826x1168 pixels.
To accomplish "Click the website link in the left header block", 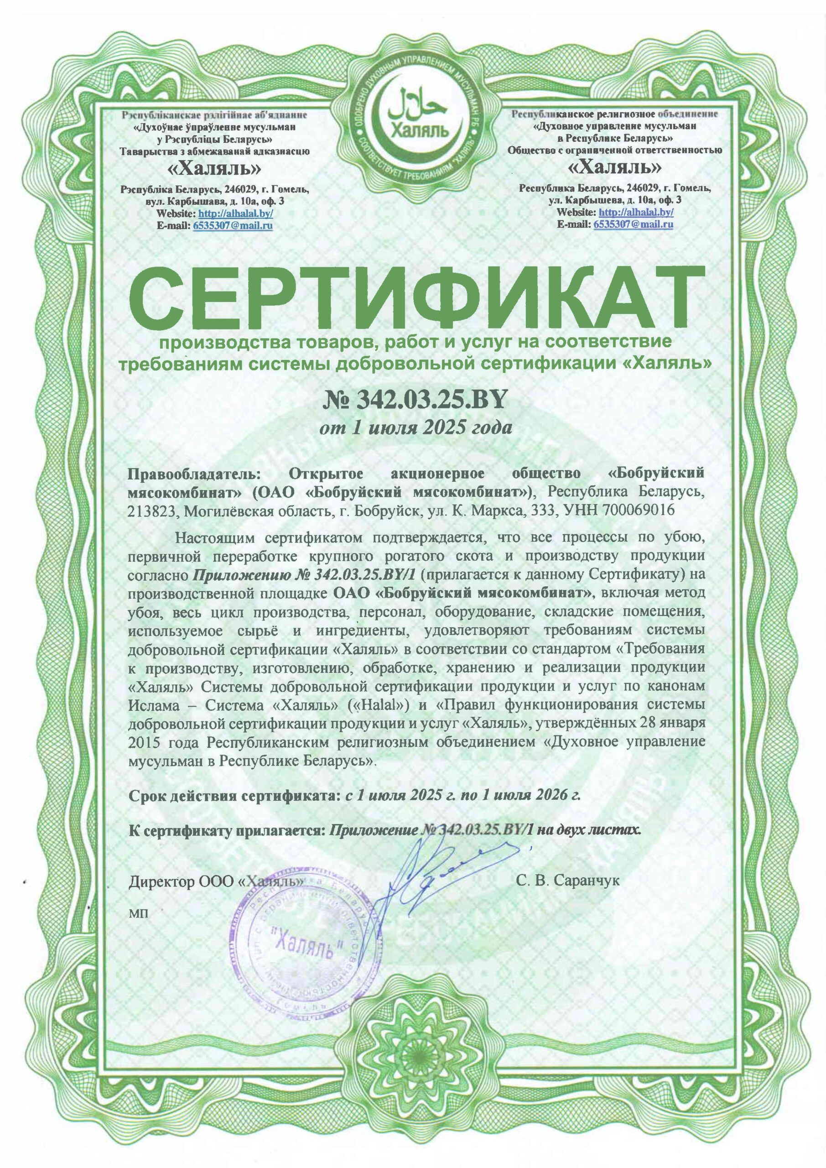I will click(235, 213).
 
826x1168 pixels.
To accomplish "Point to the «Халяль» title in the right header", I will click(614, 167).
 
